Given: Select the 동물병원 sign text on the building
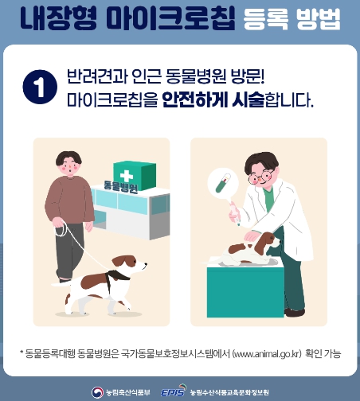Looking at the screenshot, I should click(121, 189).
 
